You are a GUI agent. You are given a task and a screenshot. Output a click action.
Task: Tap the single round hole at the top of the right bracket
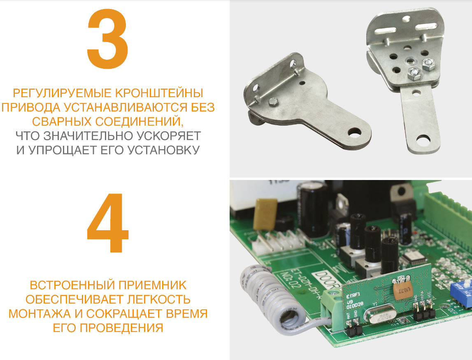pyautogui.click(x=407, y=19)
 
